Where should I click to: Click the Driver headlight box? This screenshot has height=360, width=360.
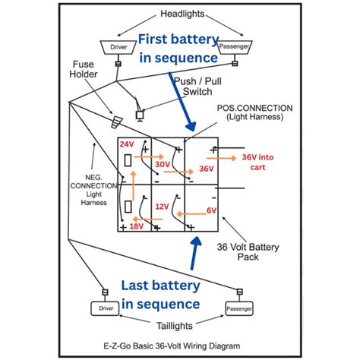(x=118, y=47)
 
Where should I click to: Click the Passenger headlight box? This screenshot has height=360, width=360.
(x=235, y=47)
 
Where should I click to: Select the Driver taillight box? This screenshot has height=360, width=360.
(x=105, y=308)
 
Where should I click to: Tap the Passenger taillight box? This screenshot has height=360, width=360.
(x=239, y=308)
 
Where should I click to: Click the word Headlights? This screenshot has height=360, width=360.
(x=182, y=14)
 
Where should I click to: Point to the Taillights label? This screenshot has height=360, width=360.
(x=175, y=326)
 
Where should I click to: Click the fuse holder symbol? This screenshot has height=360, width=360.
(x=117, y=122)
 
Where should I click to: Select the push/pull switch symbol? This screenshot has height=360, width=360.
(x=140, y=115)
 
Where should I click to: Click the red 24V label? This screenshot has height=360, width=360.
(x=127, y=144)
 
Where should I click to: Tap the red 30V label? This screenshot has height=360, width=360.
(x=163, y=164)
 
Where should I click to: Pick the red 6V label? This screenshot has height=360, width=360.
(x=211, y=210)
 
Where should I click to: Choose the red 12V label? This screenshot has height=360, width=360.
(x=162, y=207)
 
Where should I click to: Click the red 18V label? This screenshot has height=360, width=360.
(x=137, y=226)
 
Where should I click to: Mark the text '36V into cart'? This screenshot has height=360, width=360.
(x=257, y=163)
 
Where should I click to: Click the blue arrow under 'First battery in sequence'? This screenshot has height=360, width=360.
(x=183, y=101)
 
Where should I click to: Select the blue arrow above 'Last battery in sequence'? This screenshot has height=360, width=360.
(x=195, y=253)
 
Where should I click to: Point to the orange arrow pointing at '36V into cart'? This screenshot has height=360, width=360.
(x=221, y=158)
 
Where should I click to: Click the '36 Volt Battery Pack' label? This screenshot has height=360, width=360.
(x=248, y=252)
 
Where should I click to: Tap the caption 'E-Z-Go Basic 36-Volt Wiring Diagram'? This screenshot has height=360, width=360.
(x=172, y=346)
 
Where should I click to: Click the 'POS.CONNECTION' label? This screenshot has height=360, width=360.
(x=254, y=108)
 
